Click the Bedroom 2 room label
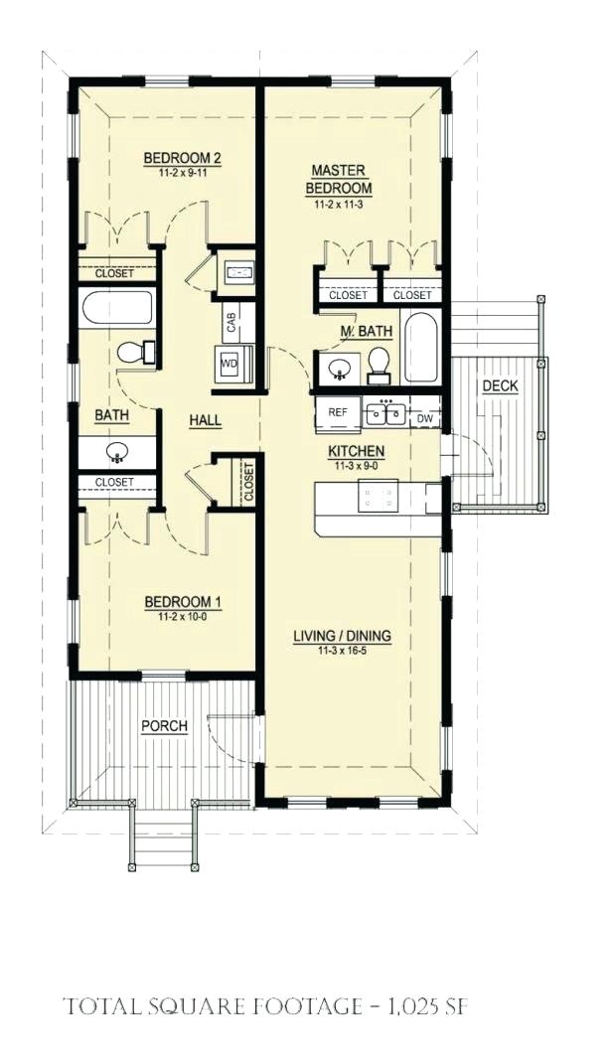[181, 158]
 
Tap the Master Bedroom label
[339, 180]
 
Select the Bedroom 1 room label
[182, 602]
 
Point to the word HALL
[205, 420]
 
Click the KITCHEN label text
[357, 451]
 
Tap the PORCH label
[164, 726]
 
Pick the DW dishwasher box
[425, 419]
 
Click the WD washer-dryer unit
[229, 365]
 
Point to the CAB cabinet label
[230, 322]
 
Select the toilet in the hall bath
[135, 352]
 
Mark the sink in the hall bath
[118, 453]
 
